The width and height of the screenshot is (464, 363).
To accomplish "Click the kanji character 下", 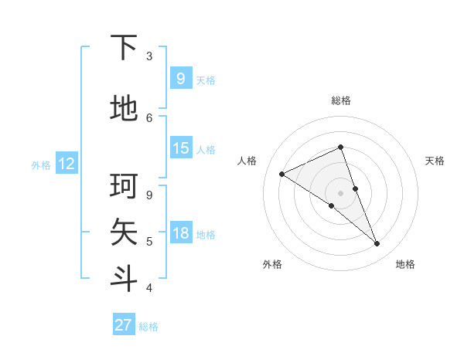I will tap(125, 48).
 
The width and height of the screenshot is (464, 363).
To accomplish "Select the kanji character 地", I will tap(125, 109).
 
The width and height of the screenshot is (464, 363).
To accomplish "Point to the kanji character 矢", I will tap(125, 232).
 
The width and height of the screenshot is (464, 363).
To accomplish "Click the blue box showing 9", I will tap(180, 79).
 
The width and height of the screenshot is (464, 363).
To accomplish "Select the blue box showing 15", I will tap(180, 148).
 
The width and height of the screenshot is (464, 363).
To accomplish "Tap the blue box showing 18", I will tap(180, 234).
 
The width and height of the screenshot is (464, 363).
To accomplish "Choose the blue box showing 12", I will tap(66, 164).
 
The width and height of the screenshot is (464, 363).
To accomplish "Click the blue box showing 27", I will tap(123, 325).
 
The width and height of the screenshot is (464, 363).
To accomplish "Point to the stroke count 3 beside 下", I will tap(149, 56).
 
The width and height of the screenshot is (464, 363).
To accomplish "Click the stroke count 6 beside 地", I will tap(149, 117).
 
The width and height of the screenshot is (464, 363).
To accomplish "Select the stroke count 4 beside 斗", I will tap(149, 288).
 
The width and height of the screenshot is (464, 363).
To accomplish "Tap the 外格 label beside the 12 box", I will tap(40, 165).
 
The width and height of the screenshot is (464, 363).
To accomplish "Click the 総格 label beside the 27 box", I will tap(148, 327).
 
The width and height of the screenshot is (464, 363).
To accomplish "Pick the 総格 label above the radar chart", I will tap(340, 100).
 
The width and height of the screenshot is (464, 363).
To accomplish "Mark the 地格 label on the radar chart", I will tap(405, 264).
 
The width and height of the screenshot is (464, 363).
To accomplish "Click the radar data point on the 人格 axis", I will tap(281, 174).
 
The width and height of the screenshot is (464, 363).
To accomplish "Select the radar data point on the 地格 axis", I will tap(377, 244).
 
